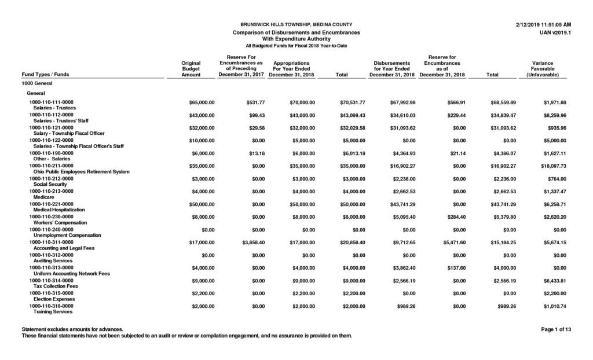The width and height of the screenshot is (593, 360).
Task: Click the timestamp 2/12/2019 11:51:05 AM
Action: pyautogui.click(x=543, y=24)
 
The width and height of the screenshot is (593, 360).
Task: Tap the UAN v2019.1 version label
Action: pyautogui.click(x=555, y=32)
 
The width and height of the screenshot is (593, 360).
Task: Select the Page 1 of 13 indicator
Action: pyautogui.click(x=556, y=329)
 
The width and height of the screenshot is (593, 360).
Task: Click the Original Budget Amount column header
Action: pyautogui.click(x=191, y=69)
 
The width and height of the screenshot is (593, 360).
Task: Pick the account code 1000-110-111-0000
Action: pyautogui.click(x=52, y=102)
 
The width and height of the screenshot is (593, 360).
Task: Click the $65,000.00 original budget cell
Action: pyautogui.click(x=202, y=102)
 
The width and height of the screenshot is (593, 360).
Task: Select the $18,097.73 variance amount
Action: pyautogui.click(x=552, y=166)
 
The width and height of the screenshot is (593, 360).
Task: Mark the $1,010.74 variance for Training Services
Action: pyautogui.click(x=555, y=306)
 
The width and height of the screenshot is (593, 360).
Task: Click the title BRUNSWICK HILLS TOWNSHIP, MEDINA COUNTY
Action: pyautogui.click(x=296, y=24)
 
